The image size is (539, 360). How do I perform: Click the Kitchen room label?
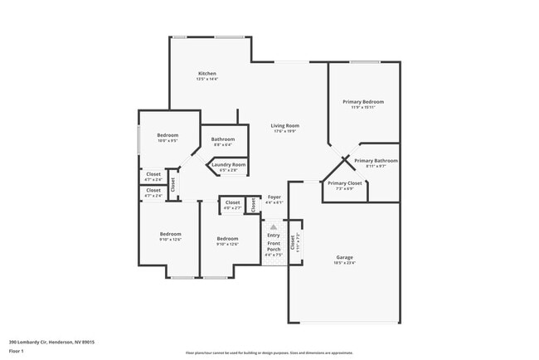point(206,74)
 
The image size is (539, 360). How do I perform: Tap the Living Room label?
point(284,126)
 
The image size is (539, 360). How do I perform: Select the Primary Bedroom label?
point(363,101)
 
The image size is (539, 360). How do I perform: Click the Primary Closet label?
point(344,182)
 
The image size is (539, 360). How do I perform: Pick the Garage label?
point(344,256)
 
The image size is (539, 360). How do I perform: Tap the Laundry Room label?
point(228,164)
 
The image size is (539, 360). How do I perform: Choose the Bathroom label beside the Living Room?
point(222,139)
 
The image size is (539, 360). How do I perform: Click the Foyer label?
point(274,197)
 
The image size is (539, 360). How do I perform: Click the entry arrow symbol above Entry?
point(274,226)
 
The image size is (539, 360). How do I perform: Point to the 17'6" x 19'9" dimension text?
point(284,132)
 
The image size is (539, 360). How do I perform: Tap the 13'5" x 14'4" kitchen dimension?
point(206,80)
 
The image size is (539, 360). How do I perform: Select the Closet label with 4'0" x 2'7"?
point(232,202)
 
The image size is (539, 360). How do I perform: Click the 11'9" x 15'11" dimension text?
point(363,107)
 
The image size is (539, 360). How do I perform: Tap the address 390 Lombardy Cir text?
point(51,342)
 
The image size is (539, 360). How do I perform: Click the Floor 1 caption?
point(16,351)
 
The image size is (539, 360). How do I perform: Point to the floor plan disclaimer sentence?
point(269,353)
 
